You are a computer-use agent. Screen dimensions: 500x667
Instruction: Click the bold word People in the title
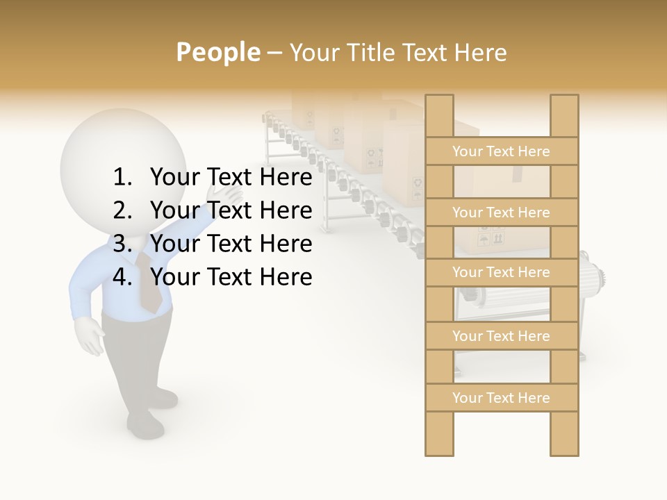tap(218, 52)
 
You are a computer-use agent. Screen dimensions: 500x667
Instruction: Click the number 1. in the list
tap(124, 178)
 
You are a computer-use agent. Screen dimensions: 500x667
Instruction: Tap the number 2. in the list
tap(124, 210)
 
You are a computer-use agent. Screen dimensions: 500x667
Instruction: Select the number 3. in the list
tap(124, 244)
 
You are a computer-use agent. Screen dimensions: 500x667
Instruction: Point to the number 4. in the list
tap(124, 277)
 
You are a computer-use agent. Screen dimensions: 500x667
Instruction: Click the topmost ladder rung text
tap(501, 151)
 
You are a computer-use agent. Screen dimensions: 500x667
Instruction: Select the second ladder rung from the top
tap(501, 212)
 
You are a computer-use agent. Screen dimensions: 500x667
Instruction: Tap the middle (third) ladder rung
tap(501, 272)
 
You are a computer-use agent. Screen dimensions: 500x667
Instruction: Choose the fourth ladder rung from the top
tap(501, 336)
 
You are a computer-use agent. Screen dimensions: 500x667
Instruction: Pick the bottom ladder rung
tap(501, 398)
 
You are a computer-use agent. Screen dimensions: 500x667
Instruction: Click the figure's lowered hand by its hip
tap(89, 335)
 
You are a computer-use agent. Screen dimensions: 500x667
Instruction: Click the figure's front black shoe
tap(145, 423)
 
